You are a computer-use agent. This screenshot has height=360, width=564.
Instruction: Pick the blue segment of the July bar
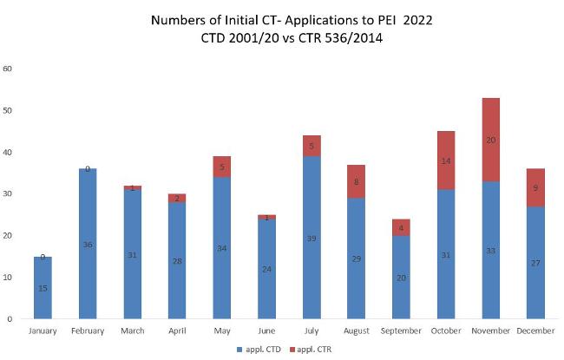[x=312, y=237]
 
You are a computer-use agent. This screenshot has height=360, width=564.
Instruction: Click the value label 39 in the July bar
[x=312, y=238]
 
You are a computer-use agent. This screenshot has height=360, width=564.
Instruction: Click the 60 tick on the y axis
[x=8, y=69]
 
